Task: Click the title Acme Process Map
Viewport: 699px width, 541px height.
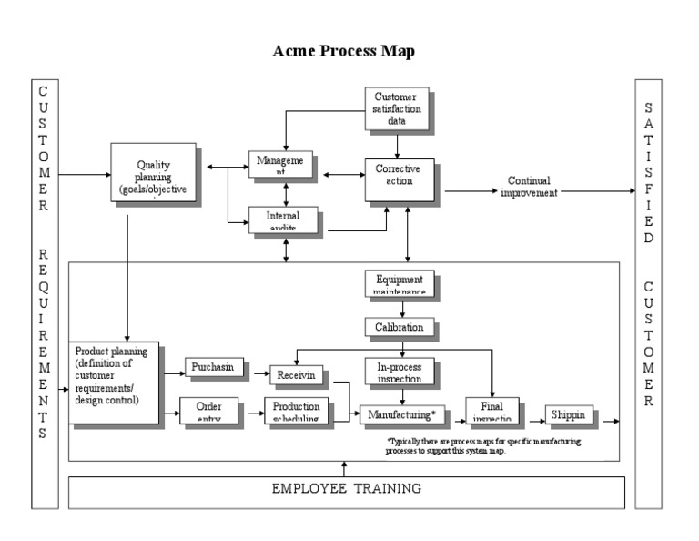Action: click(x=343, y=52)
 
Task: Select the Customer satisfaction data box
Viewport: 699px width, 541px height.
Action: click(x=396, y=107)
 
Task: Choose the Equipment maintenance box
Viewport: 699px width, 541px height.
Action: click(x=399, y=283)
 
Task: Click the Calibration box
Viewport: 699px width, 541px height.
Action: click(x=399, y=327)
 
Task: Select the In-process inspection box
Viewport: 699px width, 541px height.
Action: click(x=399, y=370)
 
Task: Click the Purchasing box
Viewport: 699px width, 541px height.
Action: click(x=211, y=367)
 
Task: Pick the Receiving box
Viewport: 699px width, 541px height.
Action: click(x=297, y=374)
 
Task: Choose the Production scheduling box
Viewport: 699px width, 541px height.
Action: click(x=296, y=410)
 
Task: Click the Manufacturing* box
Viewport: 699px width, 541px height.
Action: click(x=402, y=415)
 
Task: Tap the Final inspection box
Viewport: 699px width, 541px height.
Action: click(x=491, y=411)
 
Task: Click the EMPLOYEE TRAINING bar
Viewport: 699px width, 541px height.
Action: click(x=347, y=490)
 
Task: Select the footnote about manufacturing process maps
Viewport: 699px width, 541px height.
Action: click(x=482, y=446)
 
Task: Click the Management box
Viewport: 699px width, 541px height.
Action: click(x=281, y=165)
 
